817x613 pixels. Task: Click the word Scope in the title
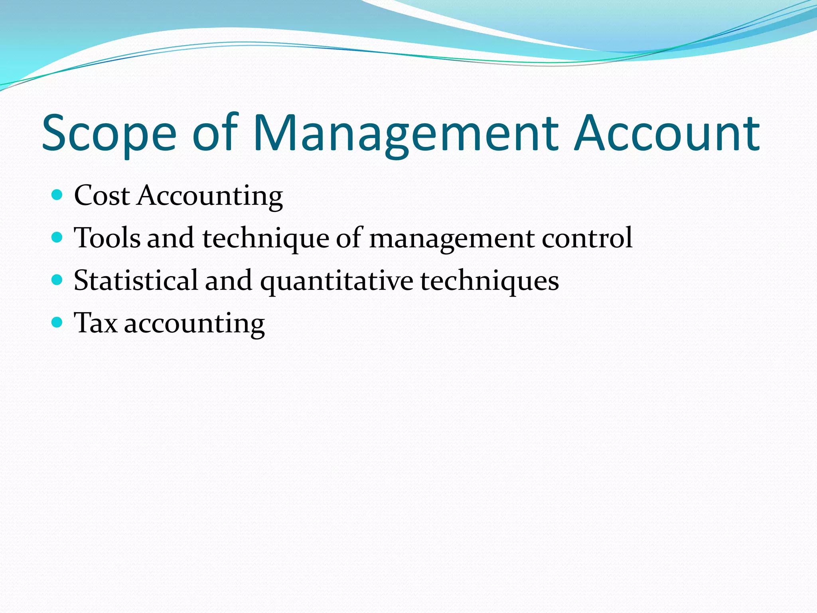109,134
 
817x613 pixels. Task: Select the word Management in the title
405,134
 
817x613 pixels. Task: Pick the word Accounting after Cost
210,196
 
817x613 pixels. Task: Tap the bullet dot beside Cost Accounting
57,195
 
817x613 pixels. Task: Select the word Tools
107,238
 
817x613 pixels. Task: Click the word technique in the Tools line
266,239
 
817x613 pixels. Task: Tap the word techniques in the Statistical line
489,281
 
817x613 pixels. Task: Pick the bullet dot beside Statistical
57,280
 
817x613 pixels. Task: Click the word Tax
96,323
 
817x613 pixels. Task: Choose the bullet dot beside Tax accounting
57,322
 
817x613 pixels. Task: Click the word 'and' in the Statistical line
229,280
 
